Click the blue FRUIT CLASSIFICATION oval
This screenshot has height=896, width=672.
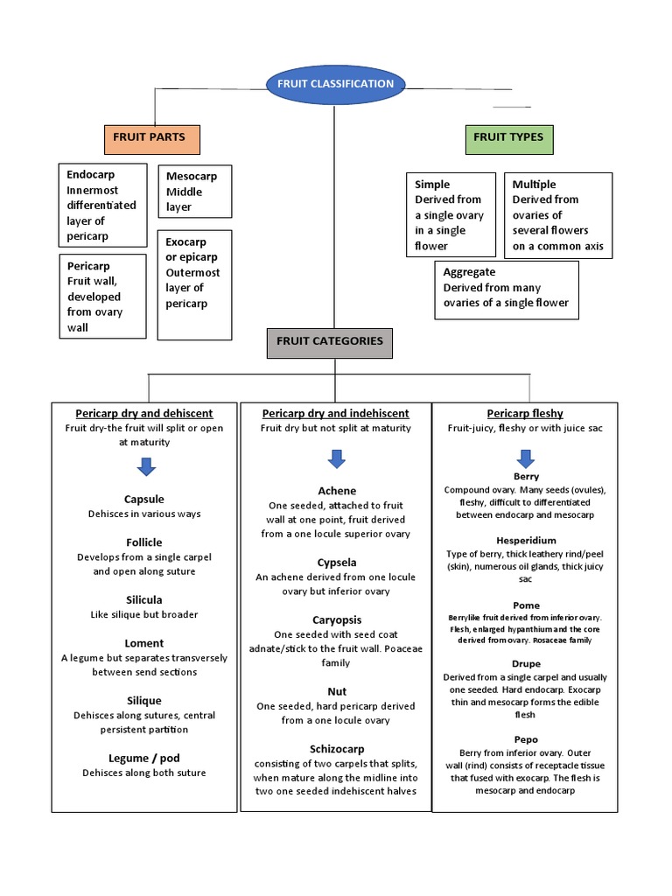click(335, 84)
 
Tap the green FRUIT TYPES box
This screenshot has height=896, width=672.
click(508, 138)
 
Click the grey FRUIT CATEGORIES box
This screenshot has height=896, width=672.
click(330, 342)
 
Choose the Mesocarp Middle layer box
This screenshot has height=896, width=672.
click(193, 192)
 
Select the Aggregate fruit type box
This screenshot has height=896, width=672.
click(506, 289)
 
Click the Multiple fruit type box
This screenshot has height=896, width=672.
click(557, 215)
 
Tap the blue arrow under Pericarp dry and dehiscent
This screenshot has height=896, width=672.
click(146, 467)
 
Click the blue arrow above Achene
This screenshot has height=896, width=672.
click(336, 459)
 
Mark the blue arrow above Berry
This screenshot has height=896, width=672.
click(526, 458)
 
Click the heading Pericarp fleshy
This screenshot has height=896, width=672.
click(525, 413)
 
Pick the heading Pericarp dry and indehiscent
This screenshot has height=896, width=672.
click(336, 413)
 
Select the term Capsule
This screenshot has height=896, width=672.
click(144, 500)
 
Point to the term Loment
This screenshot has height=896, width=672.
click(144, 643)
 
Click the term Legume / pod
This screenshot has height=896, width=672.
click(144, 758)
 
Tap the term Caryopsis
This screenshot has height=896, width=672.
click(337, 619)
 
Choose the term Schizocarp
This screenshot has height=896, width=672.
click(337, 749)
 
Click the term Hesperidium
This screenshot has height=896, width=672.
click(526, 541)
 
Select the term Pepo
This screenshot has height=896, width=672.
click(526, 739)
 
